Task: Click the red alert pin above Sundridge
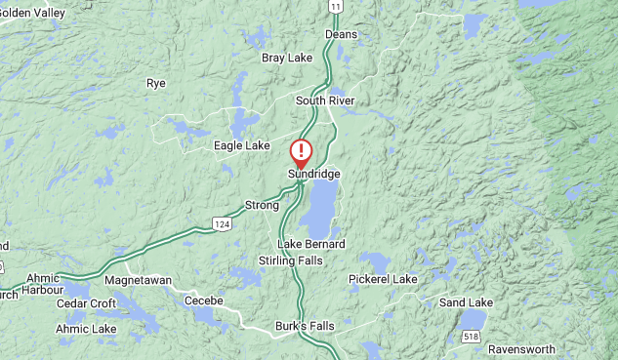303,151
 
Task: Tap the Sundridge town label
313,174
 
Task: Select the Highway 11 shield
335,6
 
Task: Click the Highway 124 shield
223,225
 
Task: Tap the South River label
325,100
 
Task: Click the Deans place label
341,34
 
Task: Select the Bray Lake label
287,58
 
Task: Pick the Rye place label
156,83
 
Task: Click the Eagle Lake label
241,145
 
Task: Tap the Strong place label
262,205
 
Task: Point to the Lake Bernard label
311,243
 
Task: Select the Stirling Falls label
290,260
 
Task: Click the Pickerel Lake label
383,279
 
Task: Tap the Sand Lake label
466,302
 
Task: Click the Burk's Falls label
303,325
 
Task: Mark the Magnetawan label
138,280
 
